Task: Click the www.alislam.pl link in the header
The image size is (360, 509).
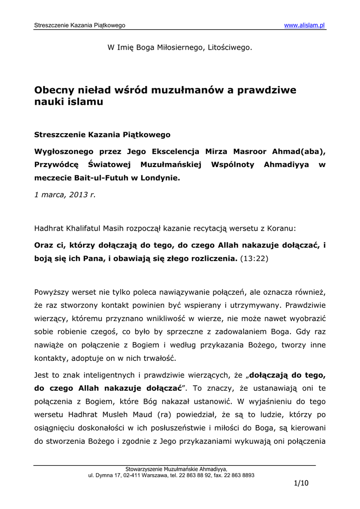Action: point(304,25)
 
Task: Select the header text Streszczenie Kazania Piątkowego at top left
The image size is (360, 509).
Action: point(80,25)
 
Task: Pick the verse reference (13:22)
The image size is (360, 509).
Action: point(254,258)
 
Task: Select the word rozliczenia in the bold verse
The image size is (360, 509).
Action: point(210,258)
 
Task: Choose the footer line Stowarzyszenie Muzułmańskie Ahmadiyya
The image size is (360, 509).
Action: point(177,469)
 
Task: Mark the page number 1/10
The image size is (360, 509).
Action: point(301,483)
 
